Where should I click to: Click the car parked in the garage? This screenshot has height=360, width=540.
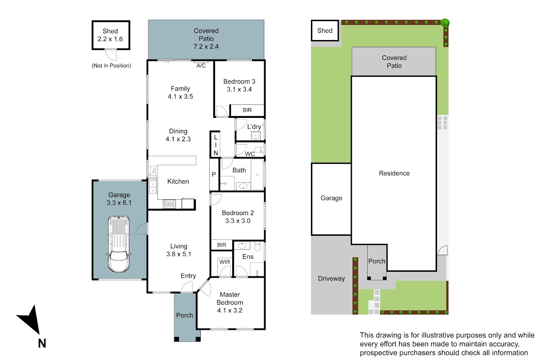pyautogui.click(x=119, y=244)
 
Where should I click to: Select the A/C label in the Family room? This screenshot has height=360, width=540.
pyautogui.click(x=201, y=66)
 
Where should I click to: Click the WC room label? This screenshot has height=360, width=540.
pyautogui.click(x=250, y=154)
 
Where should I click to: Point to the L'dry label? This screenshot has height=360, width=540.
pyautogui.click(x=254, y=126)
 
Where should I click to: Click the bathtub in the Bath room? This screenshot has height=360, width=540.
pyautogui.click(x=257, y=174)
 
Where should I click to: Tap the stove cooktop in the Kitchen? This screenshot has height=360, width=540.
pyautogui.click(x=170, y=204)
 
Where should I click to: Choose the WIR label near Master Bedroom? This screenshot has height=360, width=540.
pyautogui.click(x=225, y=262)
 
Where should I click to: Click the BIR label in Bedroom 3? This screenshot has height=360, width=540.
pyautogui.click(x=247, y=110)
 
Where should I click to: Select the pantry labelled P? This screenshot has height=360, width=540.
pyautogui.click(x=214, y=174)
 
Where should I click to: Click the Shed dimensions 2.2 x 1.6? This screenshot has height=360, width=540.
pyautogui.click(x=110, y=39)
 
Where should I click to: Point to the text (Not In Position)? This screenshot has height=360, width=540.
pyautogui.click(x=112, y=66)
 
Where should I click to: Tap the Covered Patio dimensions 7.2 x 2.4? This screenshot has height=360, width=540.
pyautogui.click(x=206, y=46)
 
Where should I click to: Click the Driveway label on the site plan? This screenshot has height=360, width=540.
pyautogui.click(x=331, y=279)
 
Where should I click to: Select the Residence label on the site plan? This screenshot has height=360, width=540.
pyautogui.click(x=394, y=173)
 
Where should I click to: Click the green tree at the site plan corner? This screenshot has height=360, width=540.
pyautogui.click(x=445, y=23)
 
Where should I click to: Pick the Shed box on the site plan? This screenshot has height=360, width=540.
pyautogui.click(x=325, y=31)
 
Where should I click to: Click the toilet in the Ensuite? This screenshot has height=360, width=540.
pyautogui.click(x=258, y=247)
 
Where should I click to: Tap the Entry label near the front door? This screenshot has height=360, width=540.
pyautogui.click(x=188, y=276)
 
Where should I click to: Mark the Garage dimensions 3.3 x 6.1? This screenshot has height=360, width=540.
pyautogui.click(x=119, y=202)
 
